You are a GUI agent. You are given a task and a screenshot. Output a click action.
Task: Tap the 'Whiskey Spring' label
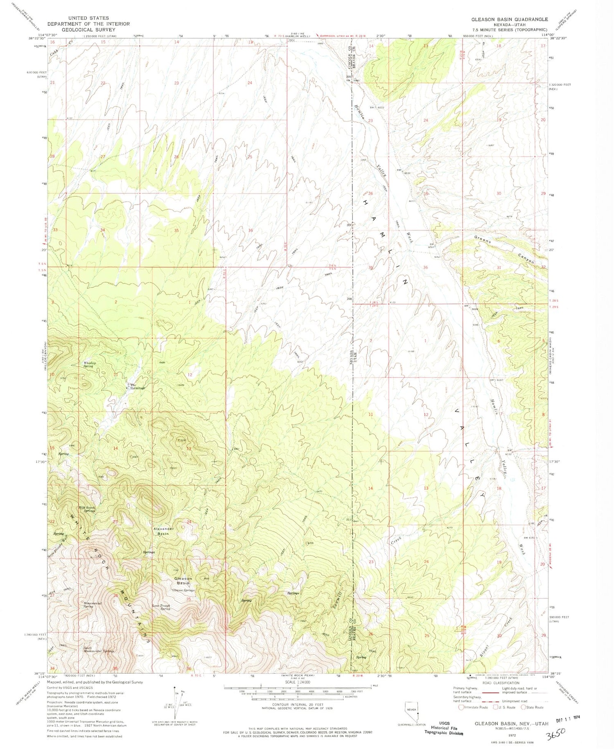point(89,364)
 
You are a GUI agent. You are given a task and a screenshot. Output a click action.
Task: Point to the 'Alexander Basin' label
point(164,531)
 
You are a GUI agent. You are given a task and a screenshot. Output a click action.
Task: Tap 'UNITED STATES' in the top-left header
point(88,18)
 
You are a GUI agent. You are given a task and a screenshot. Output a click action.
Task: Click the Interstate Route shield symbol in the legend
point(461,707)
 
